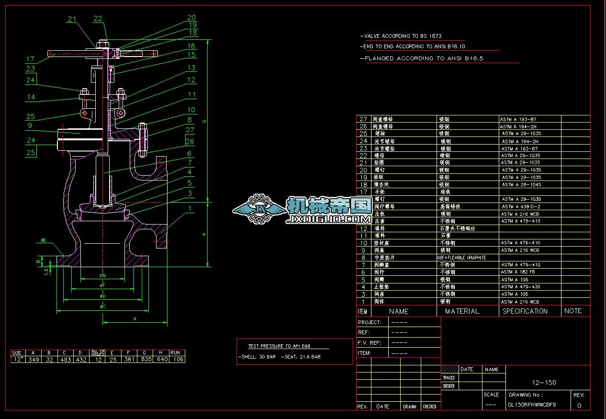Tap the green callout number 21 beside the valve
72,20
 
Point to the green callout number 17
30,59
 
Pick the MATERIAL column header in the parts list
462,311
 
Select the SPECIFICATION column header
525,311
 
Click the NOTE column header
572,311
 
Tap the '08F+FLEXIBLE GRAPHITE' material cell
461,258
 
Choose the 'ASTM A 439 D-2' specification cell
521,206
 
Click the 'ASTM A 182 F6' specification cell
518,272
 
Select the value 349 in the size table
34,360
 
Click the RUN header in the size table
178,353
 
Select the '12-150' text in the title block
544,383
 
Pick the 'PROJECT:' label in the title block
370,322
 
